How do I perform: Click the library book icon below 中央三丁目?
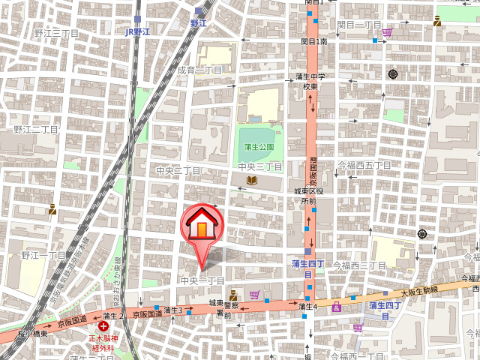[253, 180]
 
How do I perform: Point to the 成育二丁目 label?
[199, 70]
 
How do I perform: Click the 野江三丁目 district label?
[56, 34]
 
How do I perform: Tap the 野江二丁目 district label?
[35, 130]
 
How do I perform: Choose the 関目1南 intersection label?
[313, 41]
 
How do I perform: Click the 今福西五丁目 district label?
[364, 164]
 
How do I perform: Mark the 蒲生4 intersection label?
[307, 306]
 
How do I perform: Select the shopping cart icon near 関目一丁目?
[387, 32]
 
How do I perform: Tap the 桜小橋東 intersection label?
[34, 333]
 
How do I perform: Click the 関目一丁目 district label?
[360, 25]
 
